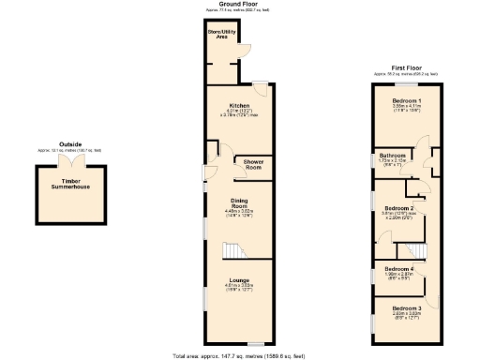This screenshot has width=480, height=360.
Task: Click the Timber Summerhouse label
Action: (x=70, y=184)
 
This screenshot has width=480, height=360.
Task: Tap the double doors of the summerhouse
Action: (x=70, y=162)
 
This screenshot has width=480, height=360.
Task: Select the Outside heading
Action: (x=70, y=143)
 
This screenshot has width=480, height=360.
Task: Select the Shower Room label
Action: (x=253, y=165)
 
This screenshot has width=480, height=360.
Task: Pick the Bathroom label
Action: (x=392, y=155)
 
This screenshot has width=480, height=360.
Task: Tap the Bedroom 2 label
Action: (x=399, y=207)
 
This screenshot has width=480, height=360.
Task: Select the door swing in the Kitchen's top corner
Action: (x=265, y=90)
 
